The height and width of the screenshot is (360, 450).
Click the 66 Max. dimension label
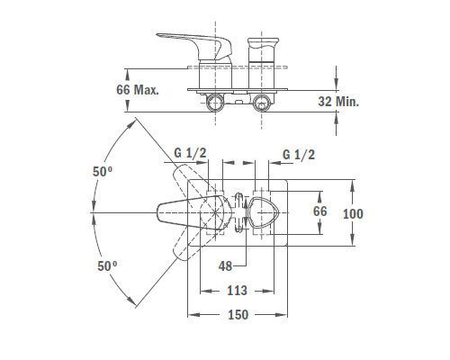(138, 90)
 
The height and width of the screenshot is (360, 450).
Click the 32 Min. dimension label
(338, 102)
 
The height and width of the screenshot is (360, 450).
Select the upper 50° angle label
(103, 172)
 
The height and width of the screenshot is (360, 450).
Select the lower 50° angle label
(107, 266)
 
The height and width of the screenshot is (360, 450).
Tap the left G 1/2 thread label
(190, 153)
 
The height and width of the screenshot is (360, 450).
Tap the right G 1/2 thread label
(299, 155)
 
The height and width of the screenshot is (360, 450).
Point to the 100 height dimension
(353, 214)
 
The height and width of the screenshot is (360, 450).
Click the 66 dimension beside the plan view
(319, 211)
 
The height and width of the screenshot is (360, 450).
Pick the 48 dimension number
(225, 266)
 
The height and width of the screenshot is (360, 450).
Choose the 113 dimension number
(237, 291)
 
